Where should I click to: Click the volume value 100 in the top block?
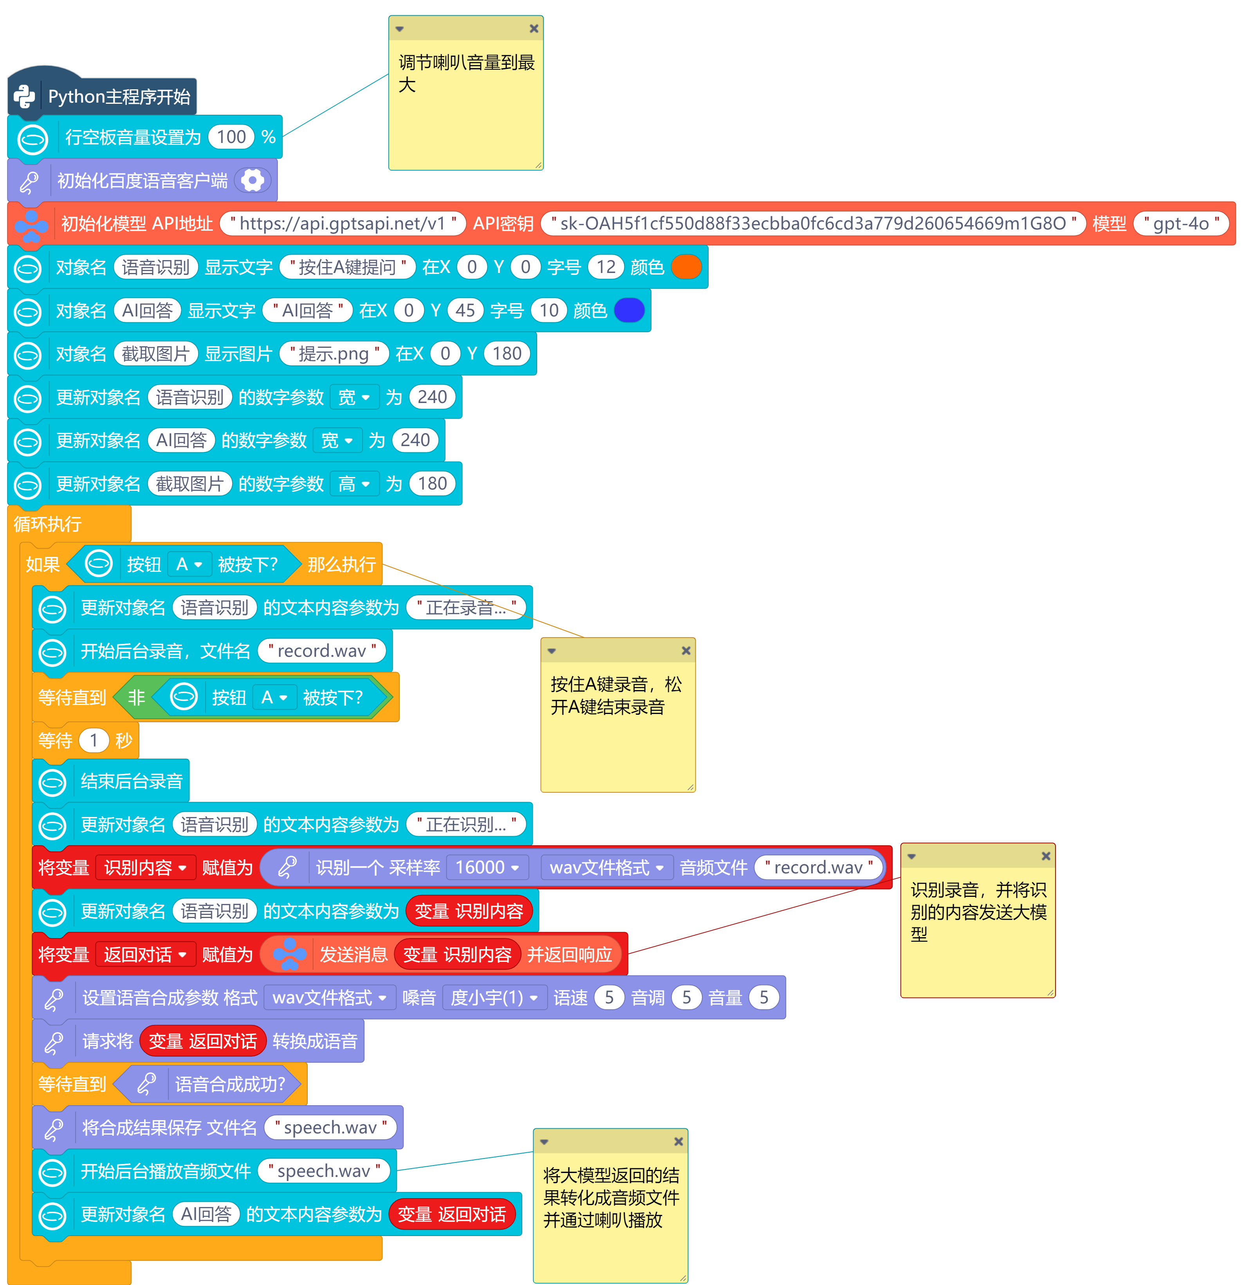[x=231, y=137]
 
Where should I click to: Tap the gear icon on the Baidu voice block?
[x=252, y=180]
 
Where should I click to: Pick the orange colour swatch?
[x=687, y=267]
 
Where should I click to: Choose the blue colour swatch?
[x=630, y=310]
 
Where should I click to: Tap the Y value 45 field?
[x=465, y=310]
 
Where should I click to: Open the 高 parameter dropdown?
[x=354, y=484]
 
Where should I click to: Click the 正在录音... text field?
[x=466, y=608]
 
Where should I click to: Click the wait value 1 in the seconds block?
[x=94, y=740]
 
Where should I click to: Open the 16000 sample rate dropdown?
[x=487, y=868]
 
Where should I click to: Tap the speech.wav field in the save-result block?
[x=331, y=1128]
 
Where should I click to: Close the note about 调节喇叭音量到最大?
[x=534, y=28]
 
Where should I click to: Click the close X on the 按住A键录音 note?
[x=686, y=651]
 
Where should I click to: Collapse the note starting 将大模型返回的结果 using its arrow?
[x=544, y=1142]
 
